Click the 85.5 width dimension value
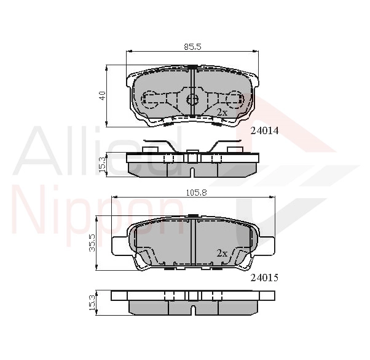(192, 47)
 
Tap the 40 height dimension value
(103, 95)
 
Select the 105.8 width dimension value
(196, 193)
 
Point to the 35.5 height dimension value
(92, 242)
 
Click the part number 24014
(264, 130)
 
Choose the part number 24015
(264, 278)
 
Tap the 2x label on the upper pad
(222, 113)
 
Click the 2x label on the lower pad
(222, 254)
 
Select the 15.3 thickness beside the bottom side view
(92, 302)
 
